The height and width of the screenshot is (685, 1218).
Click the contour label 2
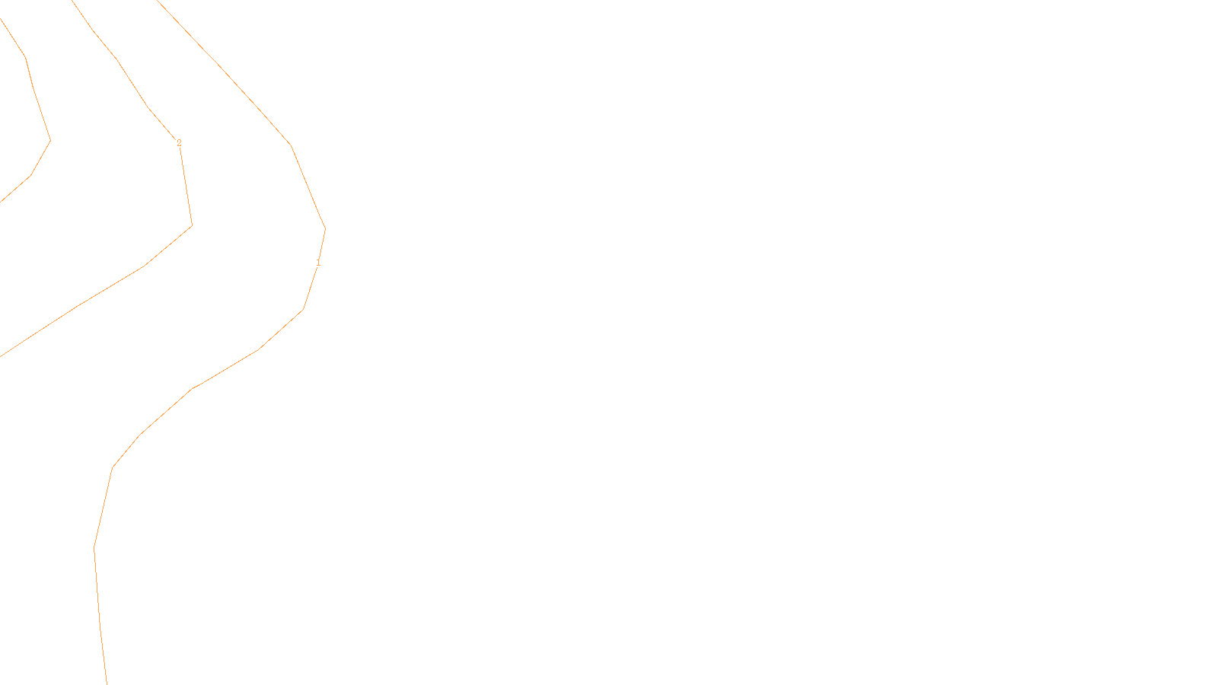tap(179, 143)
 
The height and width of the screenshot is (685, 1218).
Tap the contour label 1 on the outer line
tap(318, 263)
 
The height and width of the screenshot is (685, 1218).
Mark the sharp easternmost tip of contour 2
tap(192, 225)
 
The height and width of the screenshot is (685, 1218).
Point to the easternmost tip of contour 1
tap(325, 229)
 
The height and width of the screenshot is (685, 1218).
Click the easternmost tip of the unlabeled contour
tap(50, 140)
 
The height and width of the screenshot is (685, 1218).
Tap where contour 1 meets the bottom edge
tap(107, 683)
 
